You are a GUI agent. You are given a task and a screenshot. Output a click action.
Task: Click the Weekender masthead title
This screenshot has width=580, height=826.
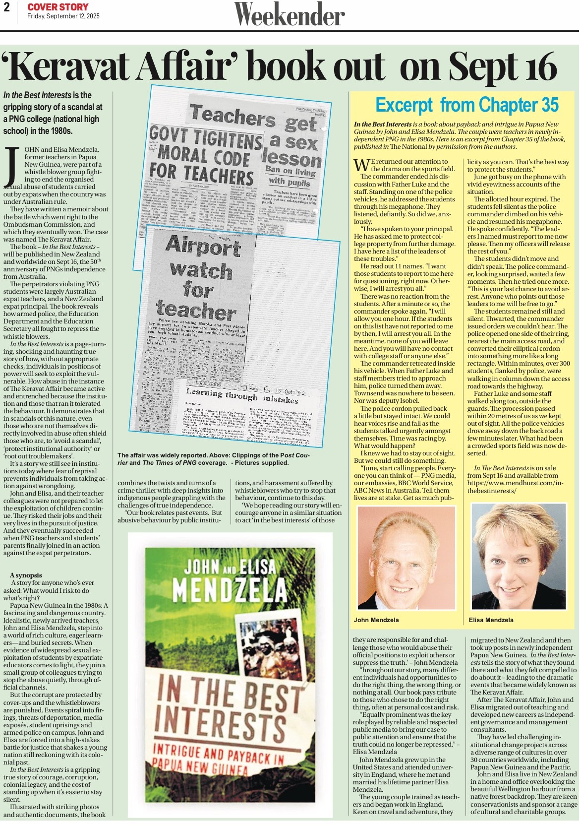pos(290,15)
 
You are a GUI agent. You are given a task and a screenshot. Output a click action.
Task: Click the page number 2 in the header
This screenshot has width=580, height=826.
pos(7,7)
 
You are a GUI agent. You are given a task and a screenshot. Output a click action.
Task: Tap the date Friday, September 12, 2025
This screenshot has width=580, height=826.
pos(63,16)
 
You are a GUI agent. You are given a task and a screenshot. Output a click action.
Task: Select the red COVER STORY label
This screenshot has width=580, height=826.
pos(58,7)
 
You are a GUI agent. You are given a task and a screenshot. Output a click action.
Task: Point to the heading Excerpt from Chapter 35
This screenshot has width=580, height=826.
pos(466,105)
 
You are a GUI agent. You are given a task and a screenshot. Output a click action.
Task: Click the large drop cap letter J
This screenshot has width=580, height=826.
pos(11,166)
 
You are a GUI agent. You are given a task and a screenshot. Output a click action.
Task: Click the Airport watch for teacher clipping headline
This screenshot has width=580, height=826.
pos(201,278)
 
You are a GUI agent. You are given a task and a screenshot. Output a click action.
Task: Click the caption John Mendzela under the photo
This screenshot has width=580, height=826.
pos(376,620)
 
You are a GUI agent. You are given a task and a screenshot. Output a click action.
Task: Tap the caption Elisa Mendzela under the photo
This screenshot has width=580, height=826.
pos(491,620)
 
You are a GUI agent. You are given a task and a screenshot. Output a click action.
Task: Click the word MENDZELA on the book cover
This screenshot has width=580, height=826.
pos(230,590)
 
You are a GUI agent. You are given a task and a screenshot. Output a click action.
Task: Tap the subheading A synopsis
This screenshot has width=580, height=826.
pos(26,575)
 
